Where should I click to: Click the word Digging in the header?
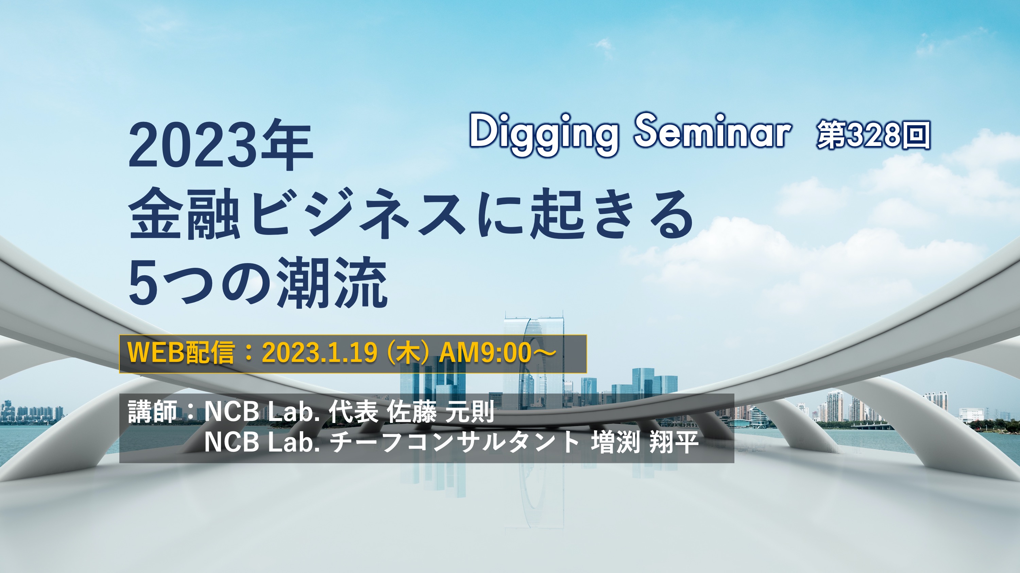(x=543, y=133)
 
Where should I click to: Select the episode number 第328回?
(x=873, y=135)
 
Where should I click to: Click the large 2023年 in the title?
(x=221, y=146)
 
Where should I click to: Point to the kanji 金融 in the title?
(x=185, y=214)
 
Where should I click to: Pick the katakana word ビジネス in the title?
(x=359, y=214)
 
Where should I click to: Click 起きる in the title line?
(x=612, y=214)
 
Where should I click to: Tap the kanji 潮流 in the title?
(x=332, y=282)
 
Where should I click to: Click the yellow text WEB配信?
(x=181, y=352)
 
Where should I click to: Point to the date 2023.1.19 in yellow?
(x=319, y=353)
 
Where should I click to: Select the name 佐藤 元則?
(x=440, y=412)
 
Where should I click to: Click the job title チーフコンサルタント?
(x=455, y=442)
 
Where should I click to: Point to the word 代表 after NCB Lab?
(x=353, y=412)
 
